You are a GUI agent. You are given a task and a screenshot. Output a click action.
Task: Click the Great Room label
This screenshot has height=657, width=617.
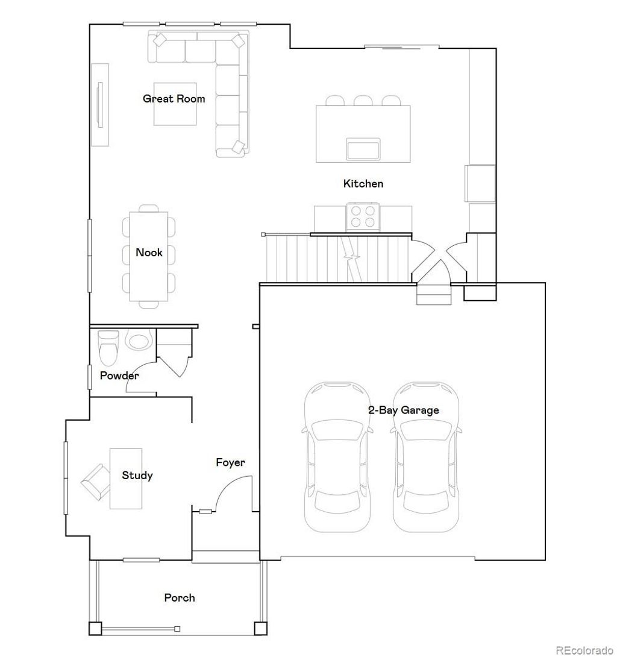[x=174, y=99]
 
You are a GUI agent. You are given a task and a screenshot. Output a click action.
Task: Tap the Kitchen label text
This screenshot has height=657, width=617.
[x=363, y=184]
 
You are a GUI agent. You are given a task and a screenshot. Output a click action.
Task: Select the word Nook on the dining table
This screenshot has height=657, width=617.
[x=149, y=253]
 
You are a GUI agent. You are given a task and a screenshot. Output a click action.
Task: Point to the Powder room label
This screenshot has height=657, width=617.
[x=119, y=376]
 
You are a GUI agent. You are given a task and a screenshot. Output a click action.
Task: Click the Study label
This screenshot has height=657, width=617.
[x=137, y=476]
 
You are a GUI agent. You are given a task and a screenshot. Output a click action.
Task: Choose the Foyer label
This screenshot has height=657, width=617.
[x=231, y=463]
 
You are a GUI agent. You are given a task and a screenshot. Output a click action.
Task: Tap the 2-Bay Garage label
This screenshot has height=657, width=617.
[x=403, y=410]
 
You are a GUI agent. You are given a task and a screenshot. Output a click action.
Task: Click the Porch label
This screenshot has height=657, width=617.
[x=180, y=598]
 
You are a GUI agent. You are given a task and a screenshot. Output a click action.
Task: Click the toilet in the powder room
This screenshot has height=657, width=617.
[x=109, y=349]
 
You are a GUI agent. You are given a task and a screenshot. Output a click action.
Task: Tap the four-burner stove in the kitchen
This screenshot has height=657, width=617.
[x=363, y=216]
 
